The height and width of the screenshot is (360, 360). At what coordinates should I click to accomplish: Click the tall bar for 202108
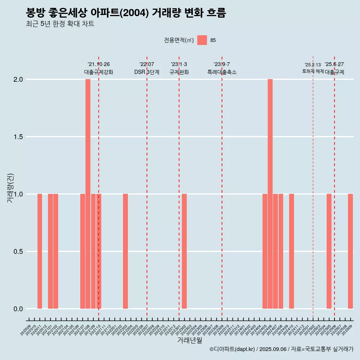click(x=88, y=194)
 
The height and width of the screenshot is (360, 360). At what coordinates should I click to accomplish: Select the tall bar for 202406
click(x=270, y=194)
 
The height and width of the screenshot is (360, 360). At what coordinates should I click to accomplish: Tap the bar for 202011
click(x=40, y=251)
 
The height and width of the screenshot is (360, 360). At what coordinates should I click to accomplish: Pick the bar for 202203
click(x=125, y=251)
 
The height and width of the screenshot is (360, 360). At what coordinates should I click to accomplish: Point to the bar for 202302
click(x=184, y=251)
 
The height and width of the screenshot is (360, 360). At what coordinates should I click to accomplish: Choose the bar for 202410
click(x=291, y=251)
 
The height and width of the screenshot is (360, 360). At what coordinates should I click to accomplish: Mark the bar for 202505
click(x=329, y=251)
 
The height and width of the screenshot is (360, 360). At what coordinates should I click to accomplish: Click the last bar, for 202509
click(x=350, y=251)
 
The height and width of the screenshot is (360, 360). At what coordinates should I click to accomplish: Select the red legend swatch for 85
click(x=202, y=40)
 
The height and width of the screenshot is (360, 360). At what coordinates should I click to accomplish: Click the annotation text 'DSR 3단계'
click(x=147, y=72)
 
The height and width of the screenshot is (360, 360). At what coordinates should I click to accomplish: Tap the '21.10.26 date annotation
click(x=99, y=64)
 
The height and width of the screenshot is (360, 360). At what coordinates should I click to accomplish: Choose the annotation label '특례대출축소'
click(x=222, y=72)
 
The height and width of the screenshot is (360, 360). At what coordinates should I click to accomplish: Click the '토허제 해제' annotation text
click(x=313, y=71)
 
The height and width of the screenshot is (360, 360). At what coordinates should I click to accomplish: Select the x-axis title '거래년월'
click(x=189, y=340)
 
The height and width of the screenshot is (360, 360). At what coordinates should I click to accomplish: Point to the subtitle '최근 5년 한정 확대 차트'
click(x=60, y=24)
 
